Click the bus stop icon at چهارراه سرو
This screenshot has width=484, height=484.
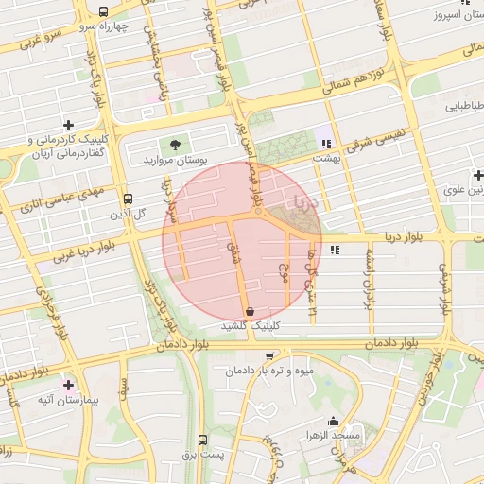(x=103, y=12)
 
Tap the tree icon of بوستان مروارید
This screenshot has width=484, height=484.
(x=175, y=145)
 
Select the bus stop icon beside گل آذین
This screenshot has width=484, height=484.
(x=128, y=199)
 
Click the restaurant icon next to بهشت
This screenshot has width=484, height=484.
(x=325, y=144)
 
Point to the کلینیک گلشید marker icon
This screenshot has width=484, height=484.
(x=250, y=311)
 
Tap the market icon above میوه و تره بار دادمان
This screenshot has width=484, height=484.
(x=271, y=356)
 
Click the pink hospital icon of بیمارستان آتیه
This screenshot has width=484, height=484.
(x=68, y=386)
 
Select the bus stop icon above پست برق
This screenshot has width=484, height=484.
(x=202, y=440)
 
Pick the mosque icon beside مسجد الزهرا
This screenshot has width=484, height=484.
(x=331, y=422)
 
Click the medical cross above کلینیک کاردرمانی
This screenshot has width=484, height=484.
(x=68, y=125)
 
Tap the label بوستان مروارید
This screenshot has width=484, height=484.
(x=175, y=161)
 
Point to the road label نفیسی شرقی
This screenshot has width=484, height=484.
(x=378, y=141)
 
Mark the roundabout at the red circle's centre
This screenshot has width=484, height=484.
(x=258, y=211)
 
